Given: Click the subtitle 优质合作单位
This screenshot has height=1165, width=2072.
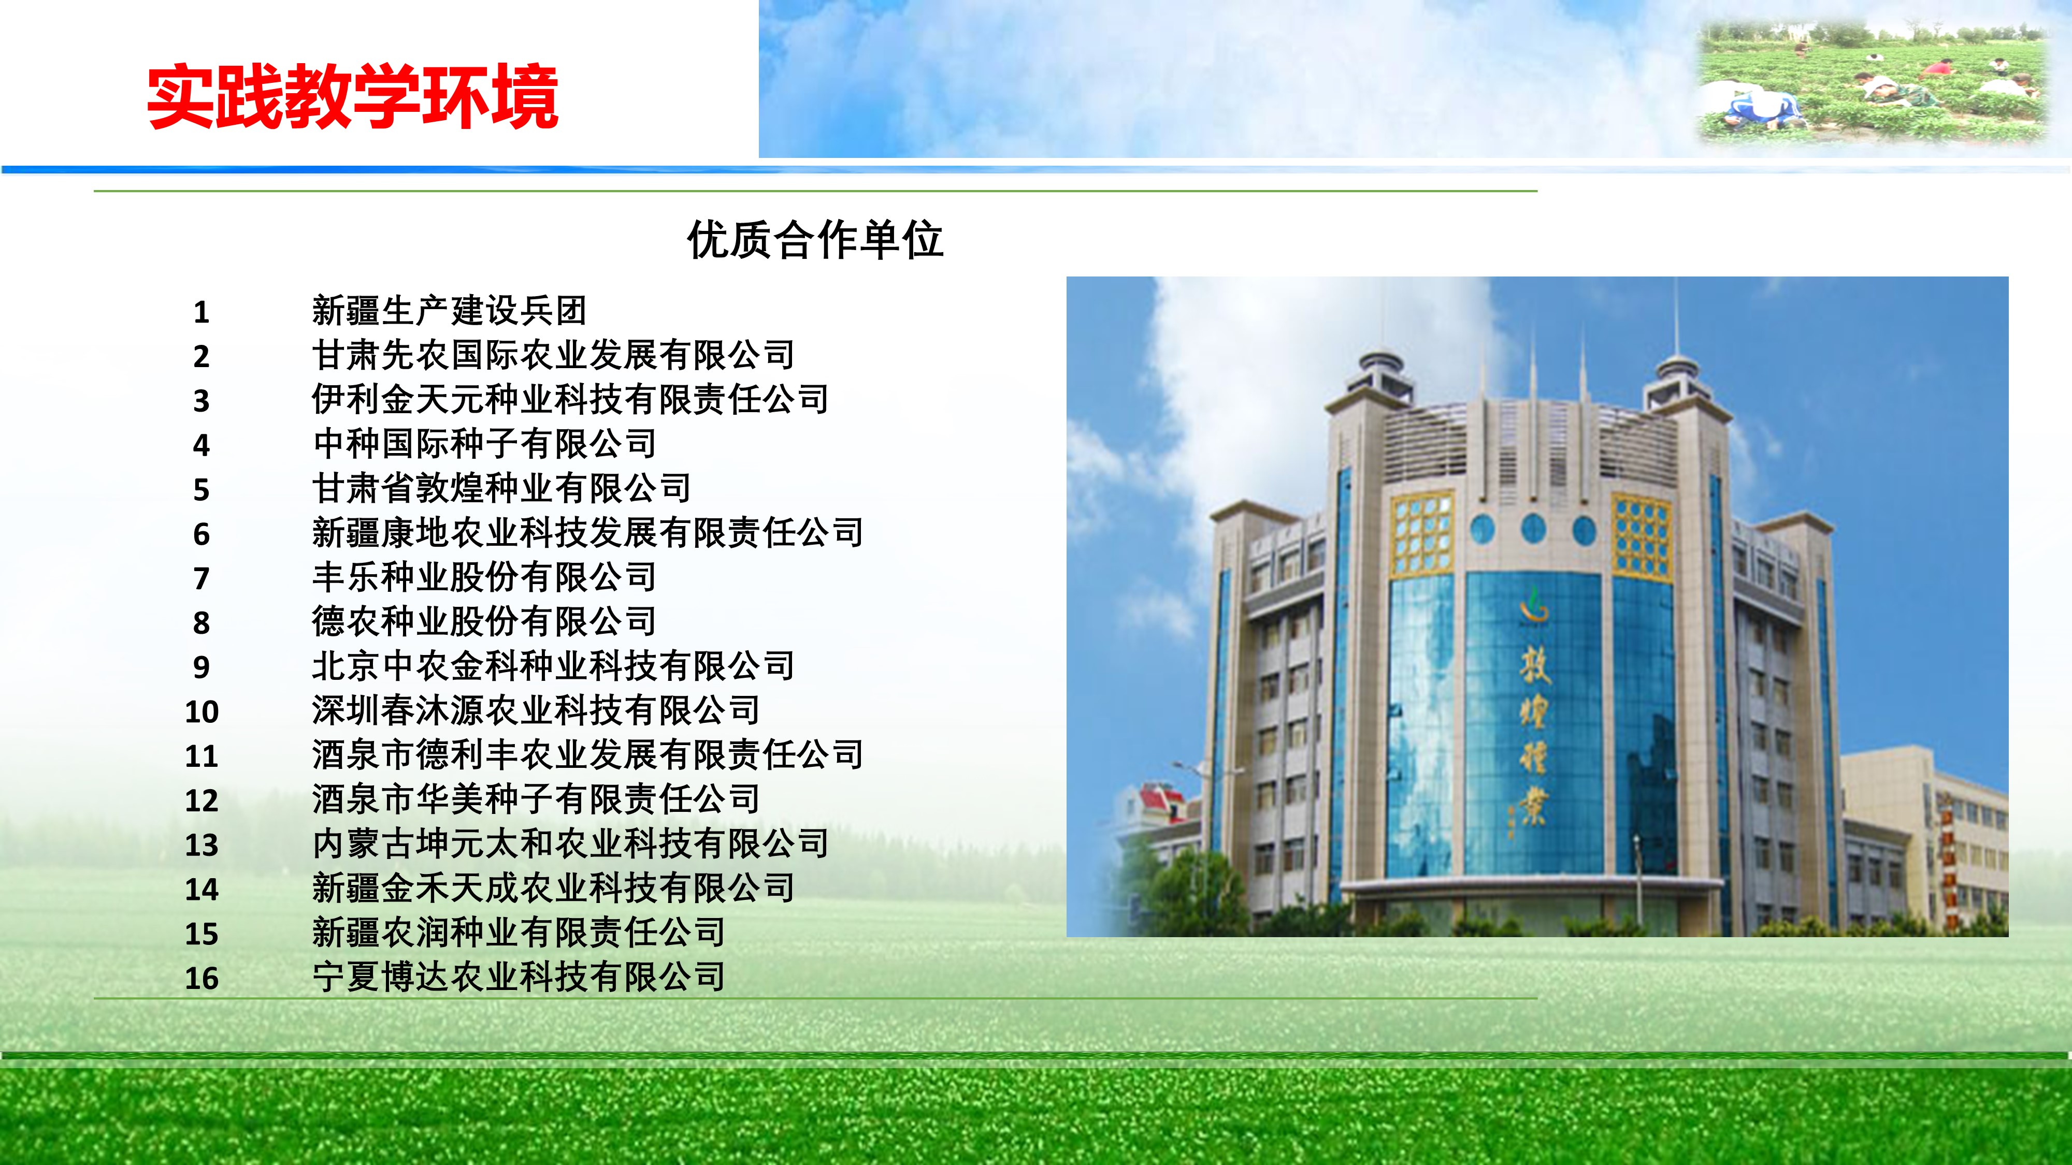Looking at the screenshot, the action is pos(815,240).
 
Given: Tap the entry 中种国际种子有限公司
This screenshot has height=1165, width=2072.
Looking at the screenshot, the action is pos(484,444).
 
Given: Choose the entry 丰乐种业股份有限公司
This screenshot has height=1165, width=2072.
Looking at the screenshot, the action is pos(484,576).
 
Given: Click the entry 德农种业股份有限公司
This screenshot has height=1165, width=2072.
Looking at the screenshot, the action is pos(484,621).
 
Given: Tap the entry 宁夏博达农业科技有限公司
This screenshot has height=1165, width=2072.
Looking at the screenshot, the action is pos(519,977).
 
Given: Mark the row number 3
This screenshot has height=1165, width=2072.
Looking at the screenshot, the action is pos(202,400).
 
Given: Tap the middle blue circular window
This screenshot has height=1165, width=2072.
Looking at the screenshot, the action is pos(1533,529).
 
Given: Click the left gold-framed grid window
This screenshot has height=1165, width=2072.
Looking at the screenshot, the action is pos(1422,533).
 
